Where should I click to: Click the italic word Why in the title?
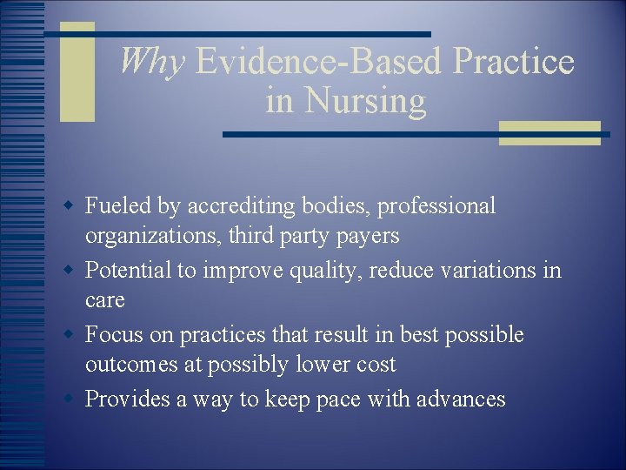pos(151,62)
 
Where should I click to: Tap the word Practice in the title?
pos(514,62)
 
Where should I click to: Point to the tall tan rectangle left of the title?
pos(77,71)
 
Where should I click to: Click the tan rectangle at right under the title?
pos(549,132)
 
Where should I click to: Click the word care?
pos(104,300)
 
